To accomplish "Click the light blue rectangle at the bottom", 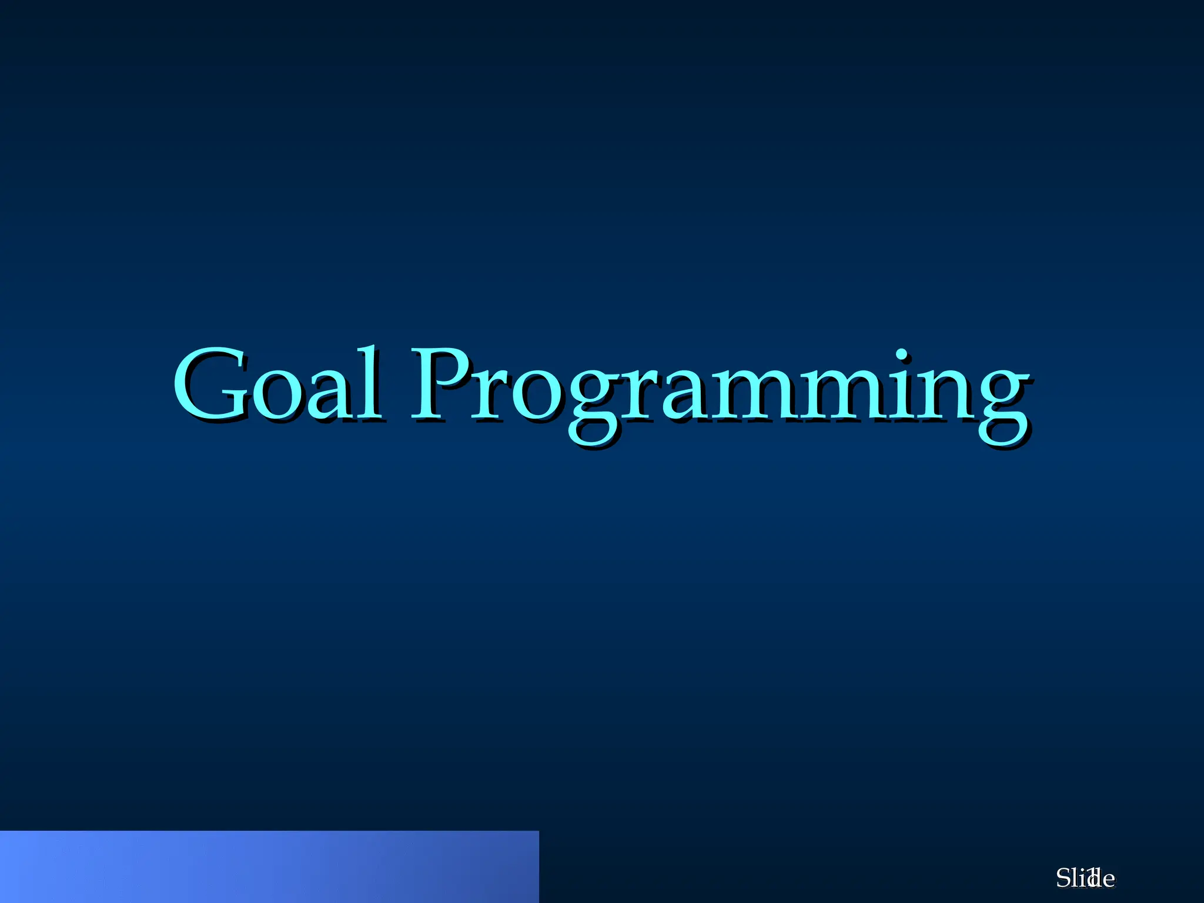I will [x=269, y=867].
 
